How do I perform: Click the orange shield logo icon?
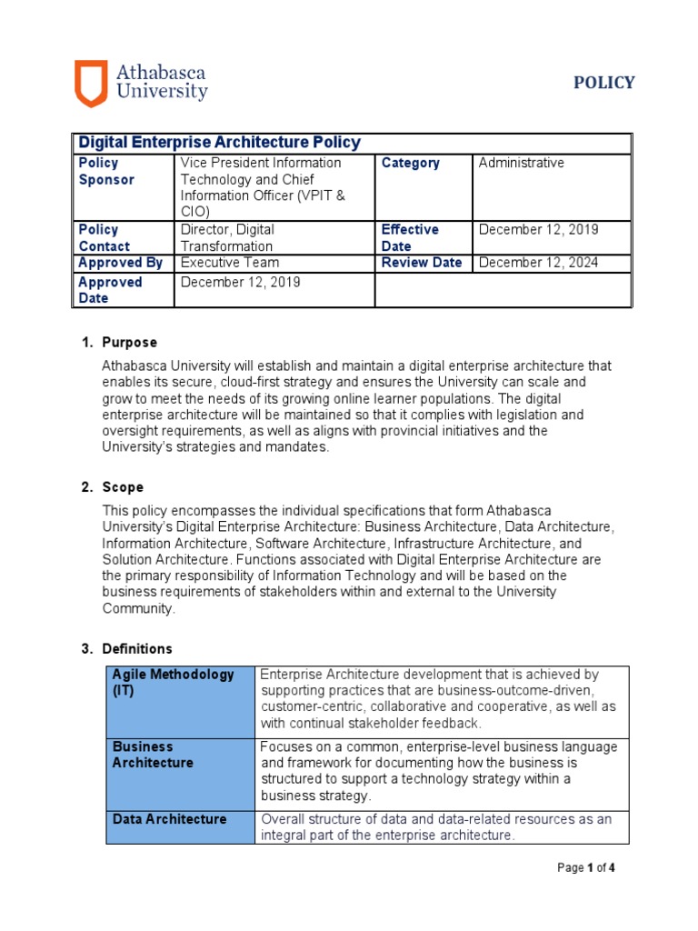[x=90, y=84]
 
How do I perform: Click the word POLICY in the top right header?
[x=603, y=83]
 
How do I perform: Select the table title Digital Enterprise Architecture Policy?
[x=220, y=143]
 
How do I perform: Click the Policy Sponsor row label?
[x=106, y=171]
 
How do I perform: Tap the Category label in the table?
[x=410, y=163]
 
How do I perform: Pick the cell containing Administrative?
[x=521, y=163]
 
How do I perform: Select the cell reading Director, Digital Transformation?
[x=227, y=237]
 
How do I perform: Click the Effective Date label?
[x=410, y=237]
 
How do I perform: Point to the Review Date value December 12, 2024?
[x=538, y=263]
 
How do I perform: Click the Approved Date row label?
[x=110, y=289]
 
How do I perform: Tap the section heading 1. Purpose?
[x=119, y=343]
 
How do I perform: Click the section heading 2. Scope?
[x=113, y=487]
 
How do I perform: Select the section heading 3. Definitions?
[x=126, y=649]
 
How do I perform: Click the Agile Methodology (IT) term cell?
[x=173, y=682]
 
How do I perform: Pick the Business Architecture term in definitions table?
[x=153, y=755]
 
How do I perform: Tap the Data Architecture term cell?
[x=169, y=819]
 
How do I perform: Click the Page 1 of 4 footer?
[x=586, y=867]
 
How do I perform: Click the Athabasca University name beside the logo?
[x=162, y=82]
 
